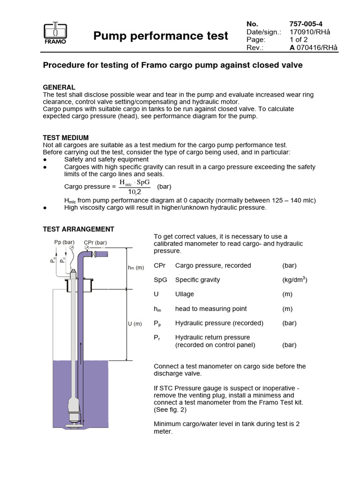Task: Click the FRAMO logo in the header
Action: tap(55, 34)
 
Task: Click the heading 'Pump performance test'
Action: tap(161, 36)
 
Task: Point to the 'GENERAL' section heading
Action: tap(59, 87)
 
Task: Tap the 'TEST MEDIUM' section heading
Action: tap(66, 138)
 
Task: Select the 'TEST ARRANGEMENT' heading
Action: tap(78, 229)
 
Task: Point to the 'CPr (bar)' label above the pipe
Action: tap(96, 242)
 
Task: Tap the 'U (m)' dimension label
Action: tap(135, 324)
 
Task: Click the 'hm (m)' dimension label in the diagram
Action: tap(136, 267)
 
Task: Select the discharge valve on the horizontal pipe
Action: tap(94, 254)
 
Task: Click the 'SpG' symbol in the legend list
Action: tap(160, 280)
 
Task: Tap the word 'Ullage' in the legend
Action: tap(185, 294)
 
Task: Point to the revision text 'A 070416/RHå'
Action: tap(314, 48)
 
